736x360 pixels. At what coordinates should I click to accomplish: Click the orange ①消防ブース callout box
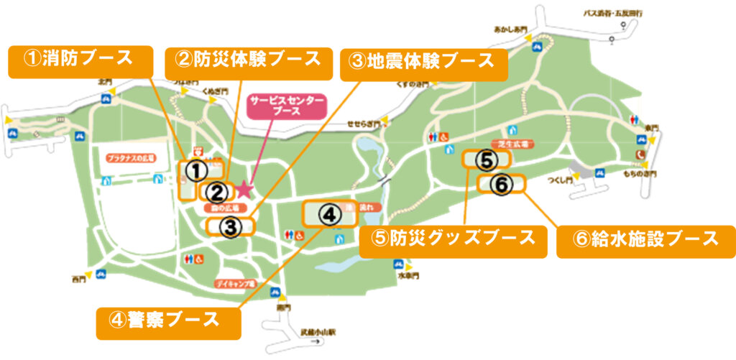[x=80, y=62]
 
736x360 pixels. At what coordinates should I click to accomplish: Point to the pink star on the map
[x=244, y=189]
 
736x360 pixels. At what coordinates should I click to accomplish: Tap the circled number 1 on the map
[x=195, y=170]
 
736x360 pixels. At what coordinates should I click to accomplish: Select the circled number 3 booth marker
[x=229, y=228]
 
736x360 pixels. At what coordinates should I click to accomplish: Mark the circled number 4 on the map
[x=328, y=214]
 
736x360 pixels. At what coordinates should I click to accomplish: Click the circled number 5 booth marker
[x=486, y=159]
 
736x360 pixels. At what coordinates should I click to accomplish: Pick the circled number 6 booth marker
[x=502, y=184]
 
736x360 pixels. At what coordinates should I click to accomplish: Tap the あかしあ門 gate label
[x=510, y=30]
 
